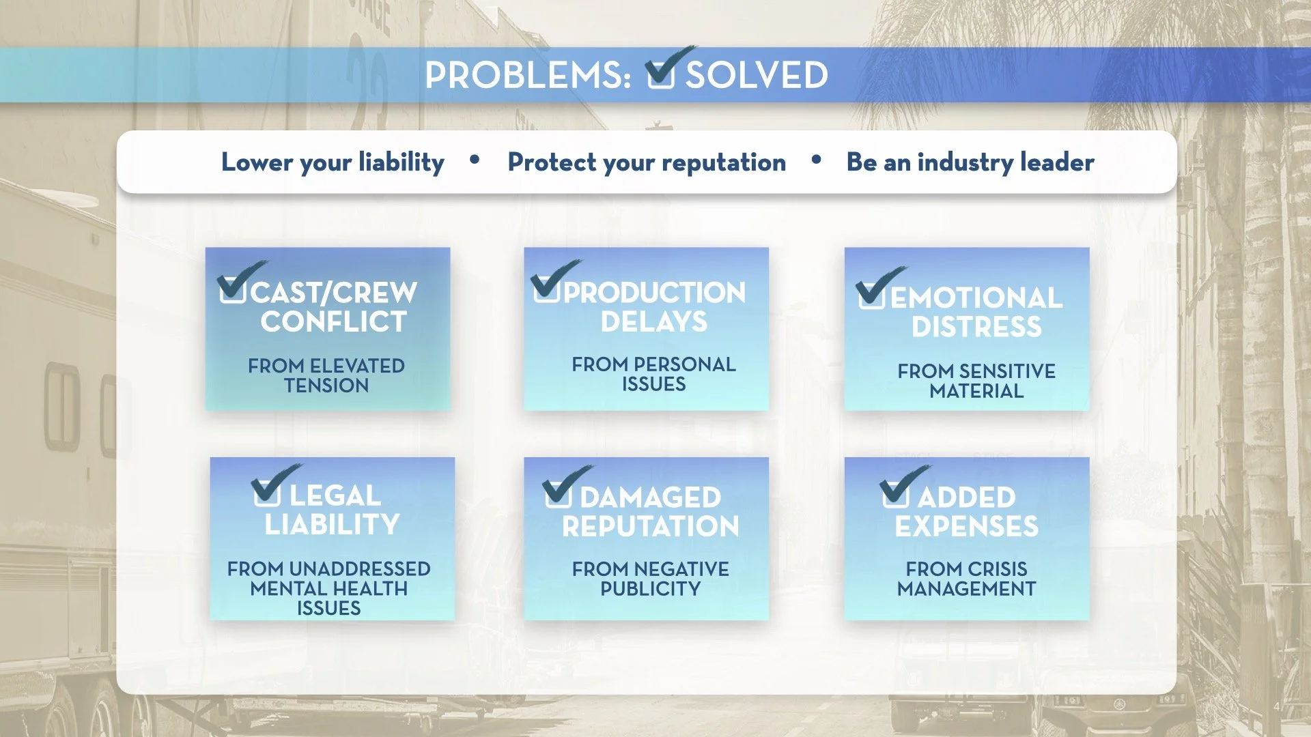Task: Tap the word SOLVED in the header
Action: tap(757, 75)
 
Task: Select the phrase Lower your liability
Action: tap(333, 162)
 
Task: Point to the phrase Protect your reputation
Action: tap(647, 162)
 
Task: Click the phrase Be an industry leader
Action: tap(970, 162)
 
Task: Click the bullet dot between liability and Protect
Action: tap(475, 160)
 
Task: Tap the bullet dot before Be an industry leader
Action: tap(816, 160)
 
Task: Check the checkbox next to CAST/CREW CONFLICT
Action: tap(233, 289)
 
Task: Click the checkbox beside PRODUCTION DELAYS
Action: tap(547, 288)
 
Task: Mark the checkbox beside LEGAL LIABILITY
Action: tap(266, 492)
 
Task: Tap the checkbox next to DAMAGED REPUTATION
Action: tap(558, 493)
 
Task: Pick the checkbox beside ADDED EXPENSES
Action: tap(895, 493)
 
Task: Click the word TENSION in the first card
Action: tap(326, 386)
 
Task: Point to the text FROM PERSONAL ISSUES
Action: tap(653, 374)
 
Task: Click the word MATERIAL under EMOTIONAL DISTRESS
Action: tap(976, 391)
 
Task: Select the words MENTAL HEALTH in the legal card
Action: tap(328, 588)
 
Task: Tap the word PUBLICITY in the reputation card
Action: tap(650, 588)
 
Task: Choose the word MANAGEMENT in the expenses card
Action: tap(966, 588)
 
